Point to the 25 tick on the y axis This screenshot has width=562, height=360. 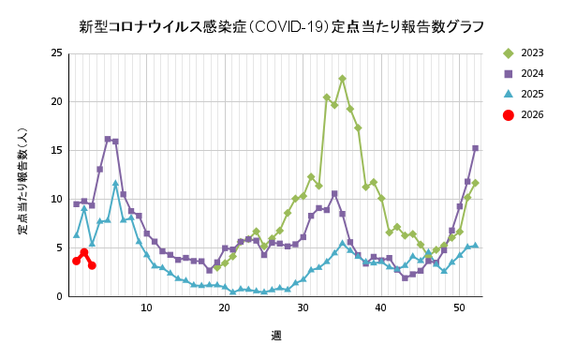click(x=57, y=53)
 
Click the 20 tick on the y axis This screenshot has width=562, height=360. click(x=57, y=102)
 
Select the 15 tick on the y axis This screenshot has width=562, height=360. click(x=57, y=151)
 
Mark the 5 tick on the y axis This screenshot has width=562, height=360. click(x=60, y=248)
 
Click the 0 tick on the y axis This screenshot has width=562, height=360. click(x=60, y=297)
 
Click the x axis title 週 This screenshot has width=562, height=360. click(x=276, y=336)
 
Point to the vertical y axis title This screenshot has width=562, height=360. click(x=22, y=175)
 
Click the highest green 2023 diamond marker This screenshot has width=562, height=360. click(x=342, y=79)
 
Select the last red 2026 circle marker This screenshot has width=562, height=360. click(x=92, y=265)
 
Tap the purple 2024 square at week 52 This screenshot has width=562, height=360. click(x=475, y=148)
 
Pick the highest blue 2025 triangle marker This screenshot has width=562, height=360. click(x=115, y=184)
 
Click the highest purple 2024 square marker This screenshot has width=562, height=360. click(x=108, y=139)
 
